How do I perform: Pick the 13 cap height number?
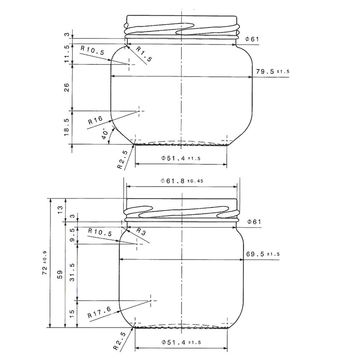[x=60, y=208]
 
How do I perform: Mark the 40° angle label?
[x=105, y=134]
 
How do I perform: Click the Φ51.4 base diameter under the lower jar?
[x=180, y=342]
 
